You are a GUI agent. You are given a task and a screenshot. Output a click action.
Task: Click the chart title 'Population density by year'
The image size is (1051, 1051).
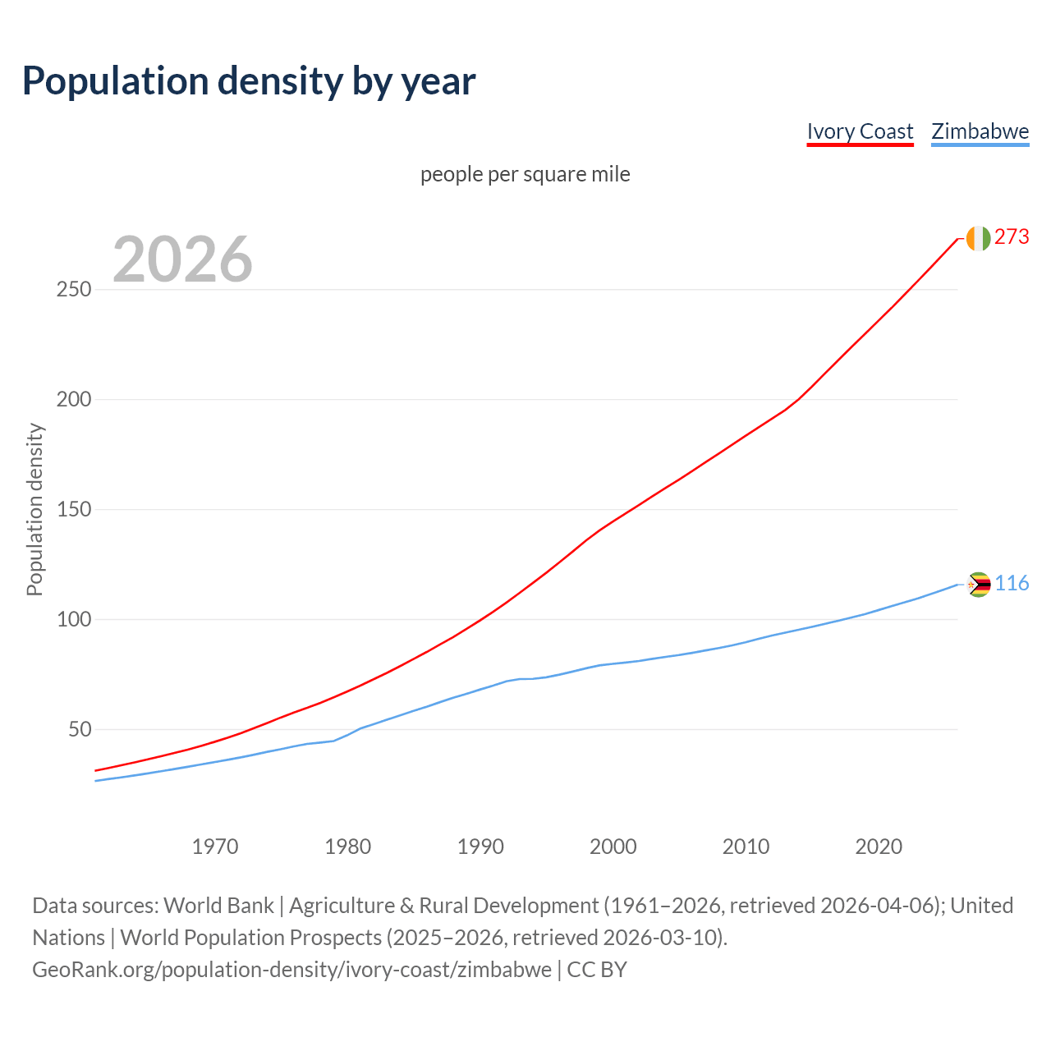pyautogui.click(x=249, y=81)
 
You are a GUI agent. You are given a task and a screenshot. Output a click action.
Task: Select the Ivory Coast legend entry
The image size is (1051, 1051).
pyautogui.click(x=860, y=131)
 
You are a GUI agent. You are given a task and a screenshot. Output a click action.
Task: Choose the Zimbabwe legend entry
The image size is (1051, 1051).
pyautogui.click(x=980, y=131)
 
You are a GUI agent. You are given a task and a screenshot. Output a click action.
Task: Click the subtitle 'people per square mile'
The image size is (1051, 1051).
pyautogui.click(x=525, y=174)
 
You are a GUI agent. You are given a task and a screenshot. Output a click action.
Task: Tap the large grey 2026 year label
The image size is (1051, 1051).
pyautogui.click(x=182, y=259)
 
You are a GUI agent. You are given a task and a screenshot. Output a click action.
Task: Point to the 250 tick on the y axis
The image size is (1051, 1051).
pyautogui.click(x=73, y=290)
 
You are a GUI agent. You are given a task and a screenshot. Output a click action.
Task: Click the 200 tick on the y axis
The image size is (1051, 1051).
pyautogui.click(x=73, y=400)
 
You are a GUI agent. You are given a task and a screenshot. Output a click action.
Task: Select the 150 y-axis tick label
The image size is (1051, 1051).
pyautogui.click(x=73, y=510)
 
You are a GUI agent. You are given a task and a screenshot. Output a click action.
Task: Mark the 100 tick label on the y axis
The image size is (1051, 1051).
pyautogui.click(x=73, y=619)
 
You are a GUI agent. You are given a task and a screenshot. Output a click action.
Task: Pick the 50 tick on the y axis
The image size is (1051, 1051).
pyautogui.click(x=79, y=729)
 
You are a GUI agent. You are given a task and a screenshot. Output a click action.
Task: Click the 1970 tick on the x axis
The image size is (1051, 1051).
pyautogui.click(x=215, y=846)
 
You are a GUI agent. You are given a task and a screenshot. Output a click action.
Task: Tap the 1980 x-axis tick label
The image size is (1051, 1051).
pyautogui.click(x=348, y=846)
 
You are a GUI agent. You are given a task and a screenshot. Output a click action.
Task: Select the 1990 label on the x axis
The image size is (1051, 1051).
pyautogui.click(x=480, y=846)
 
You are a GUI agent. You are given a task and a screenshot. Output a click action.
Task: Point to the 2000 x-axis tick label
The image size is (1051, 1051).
pyautogui.click(x=613, y=846)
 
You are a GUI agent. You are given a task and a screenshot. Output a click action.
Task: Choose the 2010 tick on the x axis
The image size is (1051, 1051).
pyautogui.click(x=746, y=846)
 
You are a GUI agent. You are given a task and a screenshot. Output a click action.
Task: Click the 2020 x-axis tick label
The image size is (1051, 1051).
pyautogui.click(x=879, y=846)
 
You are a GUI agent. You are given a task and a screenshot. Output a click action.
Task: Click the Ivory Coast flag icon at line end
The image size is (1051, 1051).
pyautogui.click(x=978, y=238)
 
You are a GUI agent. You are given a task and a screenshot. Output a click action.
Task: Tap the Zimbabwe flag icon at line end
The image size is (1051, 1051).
pyautogui.click(x=979, y=585)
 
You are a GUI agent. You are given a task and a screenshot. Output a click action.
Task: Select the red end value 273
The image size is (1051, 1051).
pyautogui.click(x=1012, y=237)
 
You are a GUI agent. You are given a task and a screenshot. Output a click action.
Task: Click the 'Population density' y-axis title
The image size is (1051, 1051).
pyautogui.click(x=34, y=509)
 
